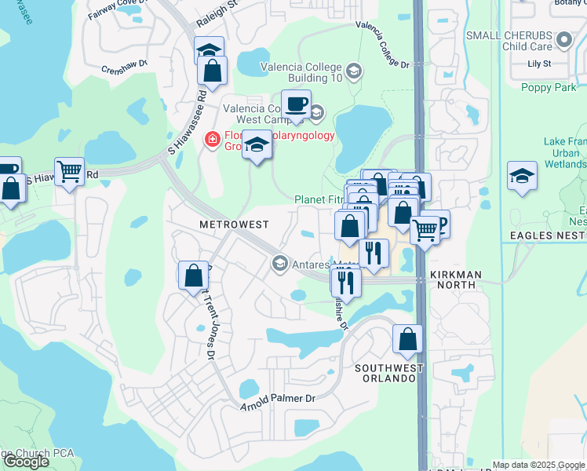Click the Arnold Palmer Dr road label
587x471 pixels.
pyautogui.click(x=278, y=402)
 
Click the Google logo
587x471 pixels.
pyautogui.click(x=26, y=462)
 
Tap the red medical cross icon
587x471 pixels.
pyautogui.click(x=211, y=140)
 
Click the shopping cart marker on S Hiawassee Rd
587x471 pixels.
pyautogui.click(x=70, y=171)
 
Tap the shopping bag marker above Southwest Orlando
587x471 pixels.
pyautogui.click(x=407, y=338)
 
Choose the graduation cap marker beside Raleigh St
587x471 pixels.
pyautogui.click(x=209, y=50)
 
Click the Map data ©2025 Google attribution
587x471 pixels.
pyautogui.click(x=538, y=465)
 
